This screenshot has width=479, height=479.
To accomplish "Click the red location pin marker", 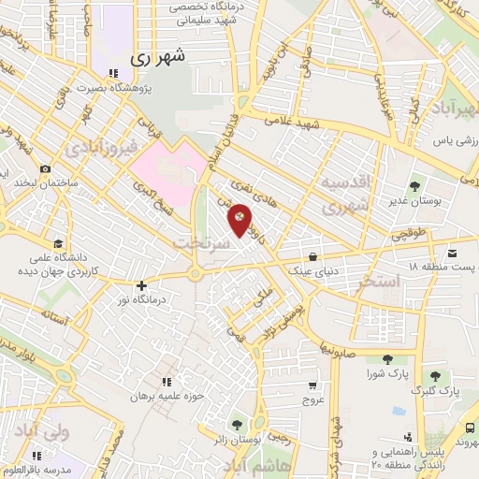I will tap(240, 219).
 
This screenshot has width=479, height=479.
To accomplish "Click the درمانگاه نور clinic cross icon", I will tap(141, 286).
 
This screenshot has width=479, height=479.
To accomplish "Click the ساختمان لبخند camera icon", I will tap(45, 168).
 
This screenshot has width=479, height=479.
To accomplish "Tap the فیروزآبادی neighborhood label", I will tap(100, 148).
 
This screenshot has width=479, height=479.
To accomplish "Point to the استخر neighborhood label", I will tap(379, 282).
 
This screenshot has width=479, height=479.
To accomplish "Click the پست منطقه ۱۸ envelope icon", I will tap(454, 254).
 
